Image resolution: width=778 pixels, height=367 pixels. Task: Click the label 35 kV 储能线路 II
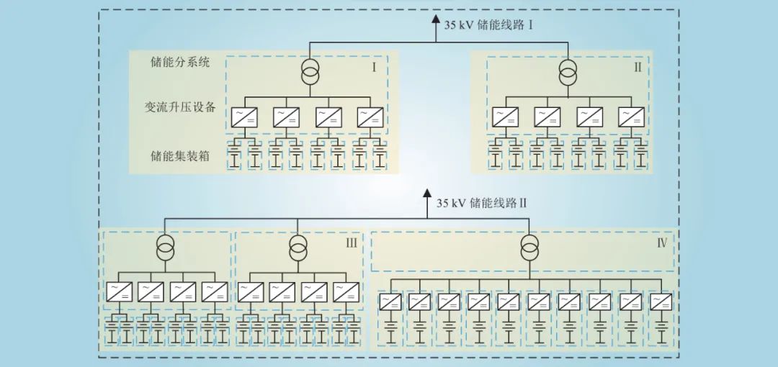(x=482, y=203)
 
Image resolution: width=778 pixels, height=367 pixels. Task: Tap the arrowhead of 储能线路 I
(x=434, y=19)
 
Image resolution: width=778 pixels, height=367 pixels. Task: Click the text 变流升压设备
(x=180, y=108)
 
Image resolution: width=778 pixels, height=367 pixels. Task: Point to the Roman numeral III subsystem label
(x=351, y=243)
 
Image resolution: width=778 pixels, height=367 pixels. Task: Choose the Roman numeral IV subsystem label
(x=661, y=243)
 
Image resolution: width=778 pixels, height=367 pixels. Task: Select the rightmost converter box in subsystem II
(x=631, y=116)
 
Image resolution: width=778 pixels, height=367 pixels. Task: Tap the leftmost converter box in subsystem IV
(x=390, y=302)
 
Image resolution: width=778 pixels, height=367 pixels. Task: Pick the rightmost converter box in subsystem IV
(x=661, y=302)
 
